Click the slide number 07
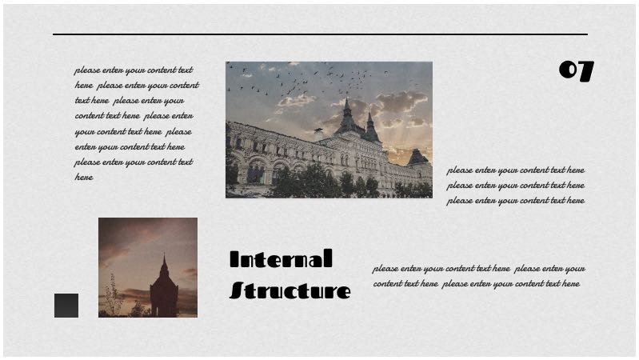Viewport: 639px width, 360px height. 576,71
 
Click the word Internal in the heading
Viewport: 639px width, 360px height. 280,259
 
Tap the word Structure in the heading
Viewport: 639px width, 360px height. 290,290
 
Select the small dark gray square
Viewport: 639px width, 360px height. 66,306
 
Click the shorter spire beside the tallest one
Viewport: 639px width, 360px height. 369,122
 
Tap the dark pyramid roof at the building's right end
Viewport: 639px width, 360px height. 417,157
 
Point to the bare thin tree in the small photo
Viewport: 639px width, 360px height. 113,294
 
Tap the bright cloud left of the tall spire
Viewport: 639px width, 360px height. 296,101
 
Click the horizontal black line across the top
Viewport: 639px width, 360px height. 320,34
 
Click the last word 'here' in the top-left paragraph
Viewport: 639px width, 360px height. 84,178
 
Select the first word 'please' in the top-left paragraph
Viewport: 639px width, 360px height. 87,70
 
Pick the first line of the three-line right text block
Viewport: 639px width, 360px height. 515,170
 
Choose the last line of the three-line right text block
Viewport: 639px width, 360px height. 515,201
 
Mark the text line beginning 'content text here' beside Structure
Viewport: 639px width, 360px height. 476,284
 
